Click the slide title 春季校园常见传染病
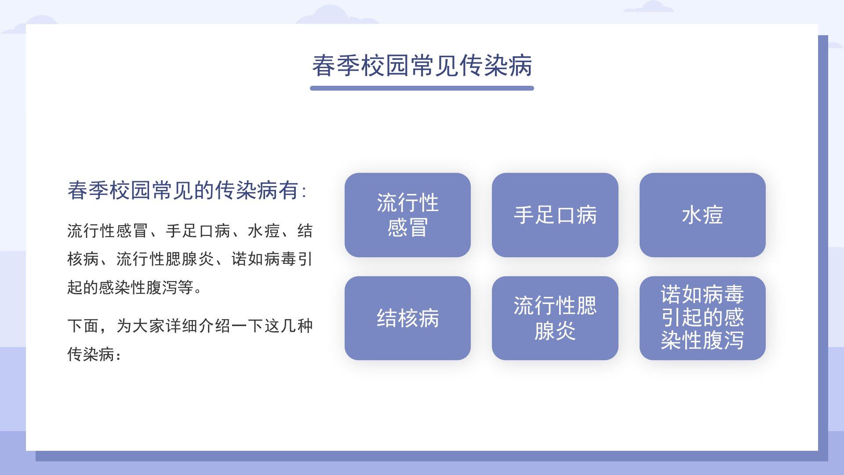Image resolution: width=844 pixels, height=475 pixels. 422,66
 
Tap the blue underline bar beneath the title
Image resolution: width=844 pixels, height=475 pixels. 422,88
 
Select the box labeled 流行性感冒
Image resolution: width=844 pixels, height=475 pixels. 407,215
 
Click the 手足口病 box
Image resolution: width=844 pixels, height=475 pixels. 555,215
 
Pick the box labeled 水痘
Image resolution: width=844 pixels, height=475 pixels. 702,215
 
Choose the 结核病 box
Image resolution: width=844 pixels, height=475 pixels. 407,318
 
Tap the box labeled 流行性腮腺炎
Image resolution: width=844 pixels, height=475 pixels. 555,318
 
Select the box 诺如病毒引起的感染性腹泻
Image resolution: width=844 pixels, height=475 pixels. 702,318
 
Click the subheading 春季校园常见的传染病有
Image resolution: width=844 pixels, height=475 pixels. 183,190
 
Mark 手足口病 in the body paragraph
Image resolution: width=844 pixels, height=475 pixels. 198,231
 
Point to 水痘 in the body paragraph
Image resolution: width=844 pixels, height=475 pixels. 264,231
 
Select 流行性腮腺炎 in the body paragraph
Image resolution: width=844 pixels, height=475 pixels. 165,259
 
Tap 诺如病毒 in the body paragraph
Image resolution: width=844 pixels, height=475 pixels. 264,259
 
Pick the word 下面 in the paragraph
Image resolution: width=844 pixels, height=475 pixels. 83,326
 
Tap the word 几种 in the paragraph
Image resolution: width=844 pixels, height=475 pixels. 297,326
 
